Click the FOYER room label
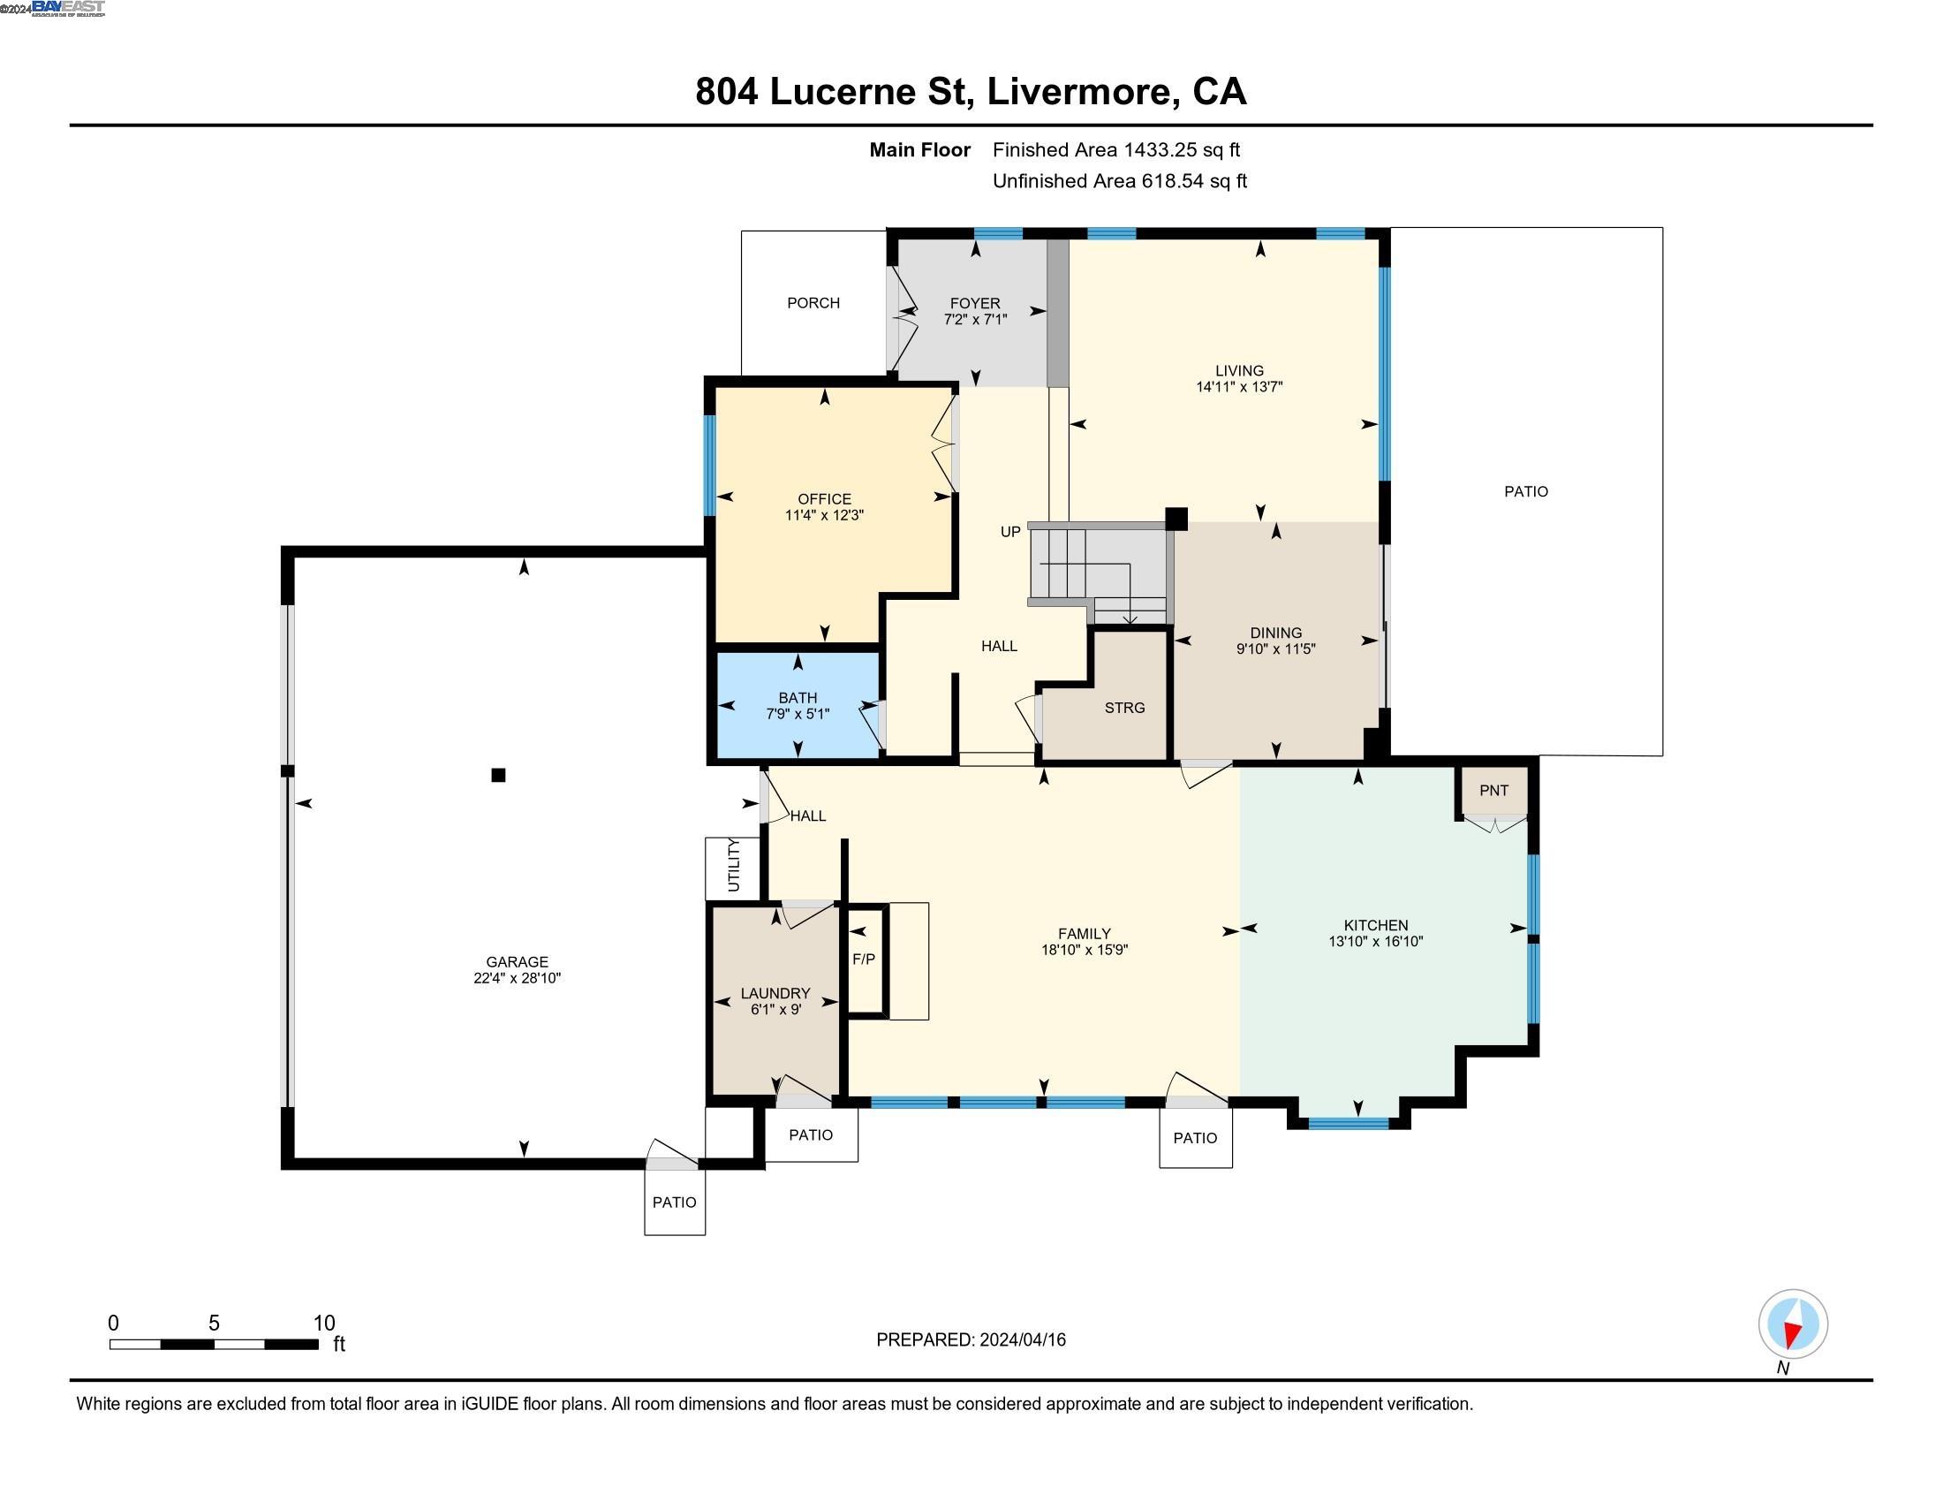pyautogui.click(x=974, y=303)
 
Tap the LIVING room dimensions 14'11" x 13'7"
pyautogui.click(x=1239, y=387)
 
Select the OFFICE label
pyautogui.click(x=824, y=499)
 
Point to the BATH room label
pyautogui.click(x=798, y=698)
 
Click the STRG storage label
pyautogui.click(x=1124, y=708)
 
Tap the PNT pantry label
pyautogui.click(x=1493, y=790)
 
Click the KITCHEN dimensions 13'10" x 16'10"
pyautogui.click(x=1375, y=942)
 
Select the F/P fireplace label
pyautogui.click(x=863, y=960)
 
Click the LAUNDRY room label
pyautogui.click(x=775, y=993)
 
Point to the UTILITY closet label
pyautogui.click(x=733, y=865)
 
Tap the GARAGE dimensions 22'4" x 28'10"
pyautogui.click(x=517, y=978)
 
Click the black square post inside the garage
pyautogui.click(x=498, y=775)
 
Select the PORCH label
pyautogui.click(x=813, y=302)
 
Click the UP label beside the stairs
pyautogui.click(x=1009, y=532)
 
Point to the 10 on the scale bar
pyautogui.click(x=324, y=1324)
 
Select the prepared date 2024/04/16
pyautogui.click(x=1022, y=1340)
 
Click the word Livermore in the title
pyautogui.click(x=1079, y=92)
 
